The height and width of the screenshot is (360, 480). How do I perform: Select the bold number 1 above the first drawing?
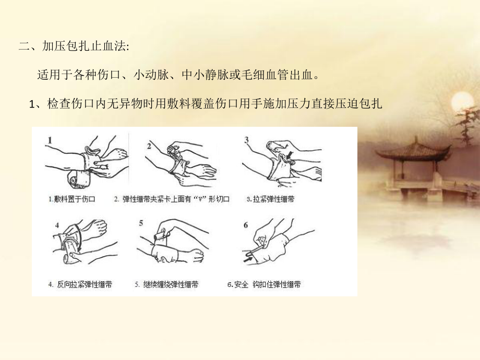click(50, 140)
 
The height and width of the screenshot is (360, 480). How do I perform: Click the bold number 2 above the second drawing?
click(149, 147)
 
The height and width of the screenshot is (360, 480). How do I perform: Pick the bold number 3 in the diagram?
click(246, 139)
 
